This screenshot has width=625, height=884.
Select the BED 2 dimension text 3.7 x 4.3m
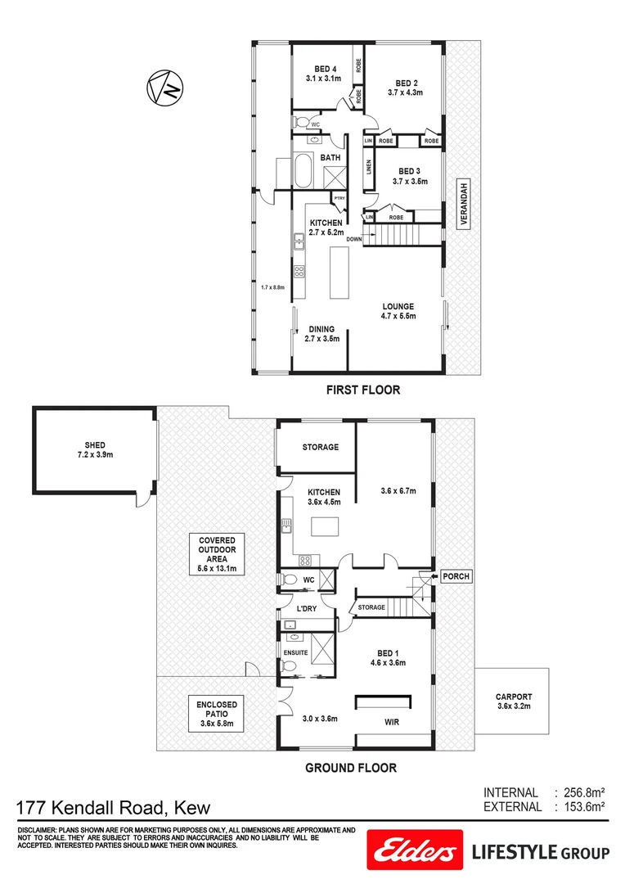405,93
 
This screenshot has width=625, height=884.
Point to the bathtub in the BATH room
302,171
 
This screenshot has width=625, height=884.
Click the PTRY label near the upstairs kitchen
339,198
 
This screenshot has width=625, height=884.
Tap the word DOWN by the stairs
353,239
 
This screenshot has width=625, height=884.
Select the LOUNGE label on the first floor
398,307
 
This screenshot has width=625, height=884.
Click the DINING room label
321,329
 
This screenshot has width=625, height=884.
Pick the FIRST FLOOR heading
362,390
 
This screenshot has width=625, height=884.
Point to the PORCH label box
455,576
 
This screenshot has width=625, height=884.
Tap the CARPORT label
514,697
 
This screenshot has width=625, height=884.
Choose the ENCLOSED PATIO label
217,710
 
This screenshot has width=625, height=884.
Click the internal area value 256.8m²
582,792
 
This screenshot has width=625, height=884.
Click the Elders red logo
412,853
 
